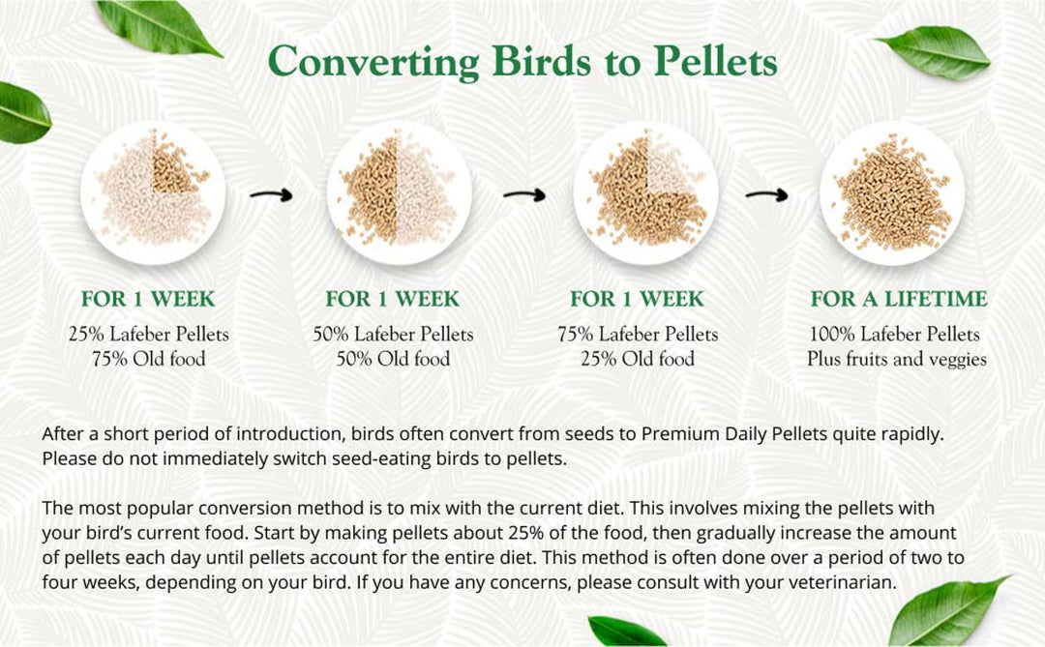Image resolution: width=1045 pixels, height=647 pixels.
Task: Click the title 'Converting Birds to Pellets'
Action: (x=522, y=61)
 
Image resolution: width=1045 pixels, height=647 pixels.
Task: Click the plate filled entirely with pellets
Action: (x=891, y=192)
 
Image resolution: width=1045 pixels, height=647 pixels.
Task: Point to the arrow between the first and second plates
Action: (x=272, y=194)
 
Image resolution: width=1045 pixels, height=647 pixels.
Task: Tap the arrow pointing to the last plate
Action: (x=766, y=194)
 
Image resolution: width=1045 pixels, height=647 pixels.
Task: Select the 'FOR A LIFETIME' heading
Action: (x=898, y=299)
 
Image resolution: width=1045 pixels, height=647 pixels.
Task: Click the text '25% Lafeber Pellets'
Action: (x=148, y=335)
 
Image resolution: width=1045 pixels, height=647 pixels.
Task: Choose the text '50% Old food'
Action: (x=393, y=359)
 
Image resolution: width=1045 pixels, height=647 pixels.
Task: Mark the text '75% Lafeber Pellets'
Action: (x=638, y=335)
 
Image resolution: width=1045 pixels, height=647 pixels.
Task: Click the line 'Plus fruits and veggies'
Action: (x=897, y=359)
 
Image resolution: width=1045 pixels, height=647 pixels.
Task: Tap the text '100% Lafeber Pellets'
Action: (x=894, y=335)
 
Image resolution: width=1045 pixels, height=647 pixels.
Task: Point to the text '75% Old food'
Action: (x=148, y=359)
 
